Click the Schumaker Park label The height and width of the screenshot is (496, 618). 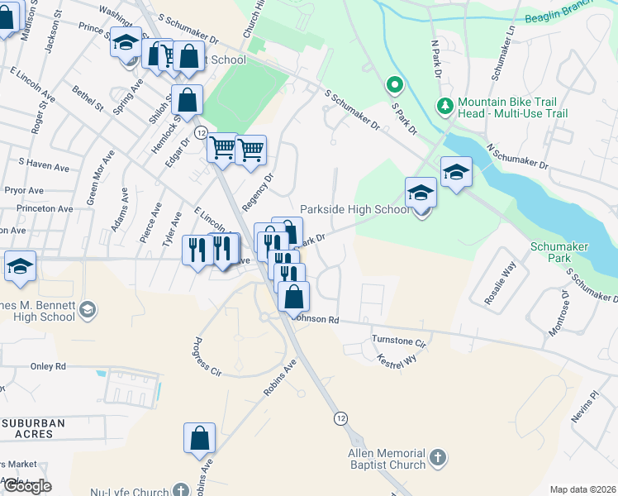[x=550, y=252]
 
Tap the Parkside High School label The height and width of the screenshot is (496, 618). [x=354, y=210]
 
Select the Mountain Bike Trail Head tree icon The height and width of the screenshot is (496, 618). [x=444, y=106]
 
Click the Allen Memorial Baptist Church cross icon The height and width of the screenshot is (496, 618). [x=438, y=455]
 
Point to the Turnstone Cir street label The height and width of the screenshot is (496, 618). [x=398, y=341]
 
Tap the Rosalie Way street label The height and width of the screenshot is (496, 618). [x=500, y=284]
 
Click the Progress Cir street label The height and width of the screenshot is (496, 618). [x=207, y=357]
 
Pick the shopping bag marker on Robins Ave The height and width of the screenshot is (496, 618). [x=200, y=438]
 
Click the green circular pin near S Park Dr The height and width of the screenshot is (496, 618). [x=395, y=83]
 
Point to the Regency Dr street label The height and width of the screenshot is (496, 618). [x=257, y=192]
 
